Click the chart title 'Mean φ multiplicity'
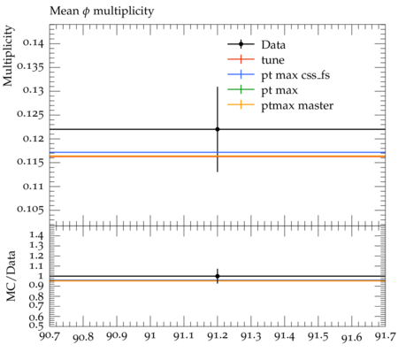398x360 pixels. pyautogui.click(x=102, y=11)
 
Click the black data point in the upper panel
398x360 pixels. pyautogui.click(x=218, y=129)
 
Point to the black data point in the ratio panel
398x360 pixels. pyautogui.click(x=218, y=276)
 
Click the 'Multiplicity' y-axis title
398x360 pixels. pyautogui.click(x=8, y=56)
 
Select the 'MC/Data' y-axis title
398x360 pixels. pyautogui.click(x=11, y=276)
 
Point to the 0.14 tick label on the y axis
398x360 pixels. pyautogui.click(x=34, y=43)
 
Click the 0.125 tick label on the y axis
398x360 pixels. pyautogui.click(x=30, y=114)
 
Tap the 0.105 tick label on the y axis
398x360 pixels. pyautogui.click(x=30, y=210)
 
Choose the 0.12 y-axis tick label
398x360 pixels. pyautogui.click(x=34, y=138)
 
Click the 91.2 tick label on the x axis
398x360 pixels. pyautogui.click(x=218, y=336)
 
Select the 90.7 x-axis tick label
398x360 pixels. pyautogui.click(x=50, y=336)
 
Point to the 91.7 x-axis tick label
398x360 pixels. pyautogui.click(x=385, y=336)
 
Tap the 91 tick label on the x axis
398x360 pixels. pyautogui.click(x=150, y=336)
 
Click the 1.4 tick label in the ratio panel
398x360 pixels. pyautogui.click(x=36, y=235)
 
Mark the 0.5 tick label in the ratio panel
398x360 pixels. pyautogui.click(x=36, y=326)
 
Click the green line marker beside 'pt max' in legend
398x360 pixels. pyautogui.click(x=241, y=89)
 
